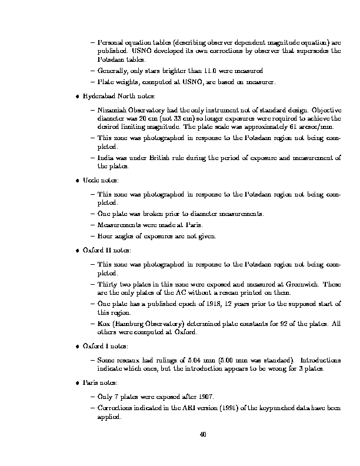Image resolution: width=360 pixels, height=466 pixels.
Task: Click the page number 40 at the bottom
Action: tap(202, 435)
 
